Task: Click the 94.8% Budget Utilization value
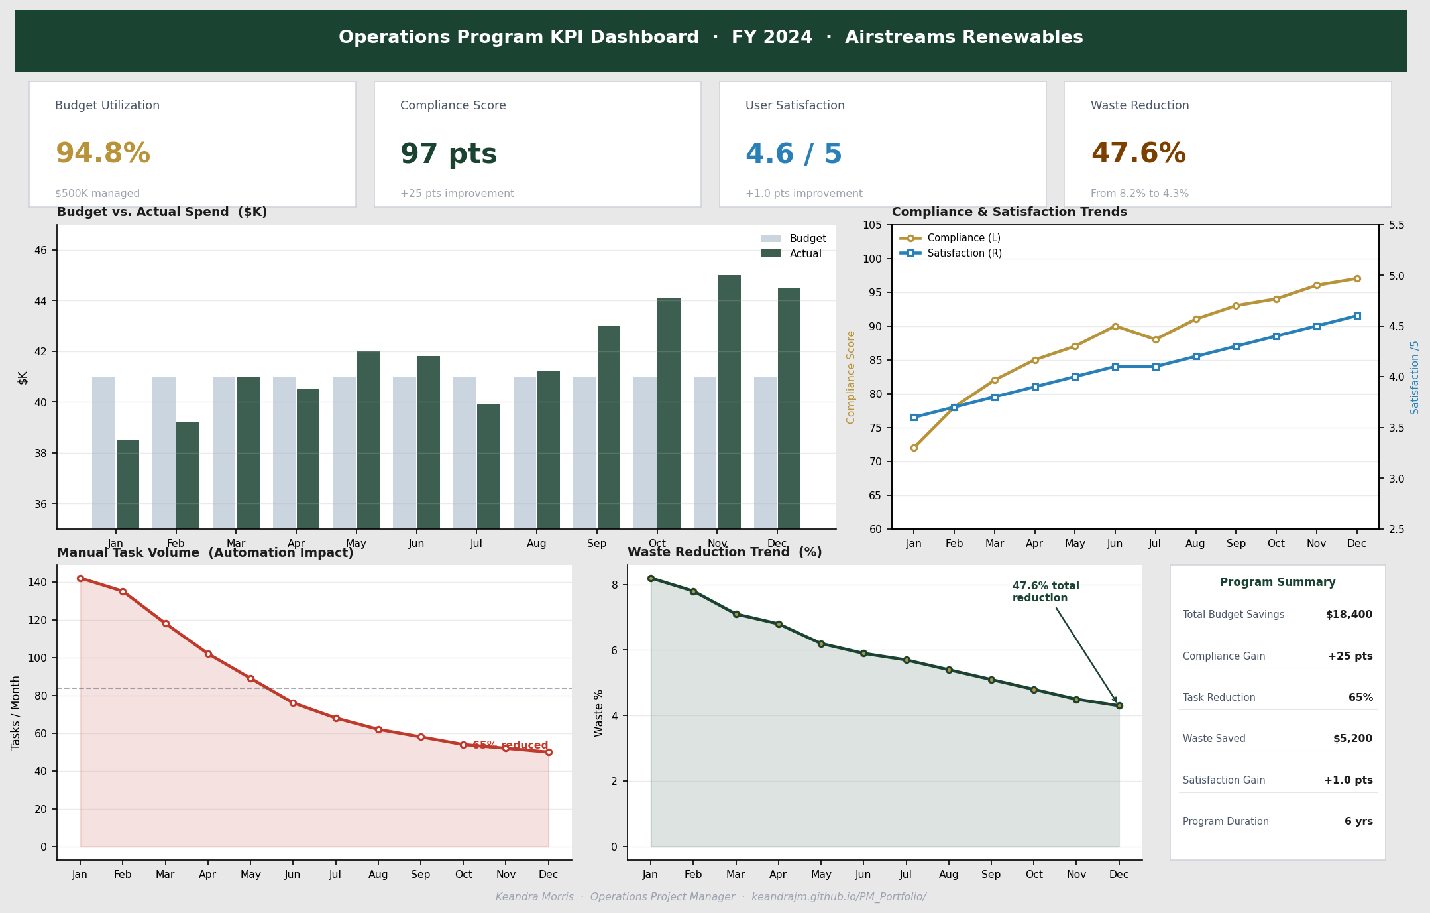coord(103,154)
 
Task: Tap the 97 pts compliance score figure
coord(449,154)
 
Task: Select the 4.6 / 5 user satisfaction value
coord(794,154)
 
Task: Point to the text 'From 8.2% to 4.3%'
coord(1140,194)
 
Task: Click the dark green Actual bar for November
coord(729,401)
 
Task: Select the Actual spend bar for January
coord(128,484)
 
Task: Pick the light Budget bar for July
coord(465,452)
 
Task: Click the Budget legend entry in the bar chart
coord(793,239)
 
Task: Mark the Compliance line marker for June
coord(1115,326)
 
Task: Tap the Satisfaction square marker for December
coord(1357,316)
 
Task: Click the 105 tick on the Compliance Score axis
coord(873,225)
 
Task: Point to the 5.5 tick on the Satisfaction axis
coord(1396,225)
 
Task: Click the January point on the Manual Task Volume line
coord(80,578)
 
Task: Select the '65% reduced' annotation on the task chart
coord(510,745)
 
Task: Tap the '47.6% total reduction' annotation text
coord(1045,592)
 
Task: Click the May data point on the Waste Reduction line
coord(821,644)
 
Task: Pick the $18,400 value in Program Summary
coord(1348,615)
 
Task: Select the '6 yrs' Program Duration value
coord(1358,822)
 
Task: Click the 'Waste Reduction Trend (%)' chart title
coord(724,552)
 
